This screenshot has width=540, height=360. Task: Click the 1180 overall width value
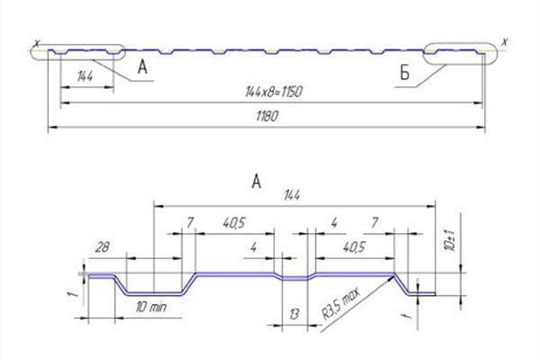(x=267, y=116)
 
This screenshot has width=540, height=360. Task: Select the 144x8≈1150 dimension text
(x=274, y=92)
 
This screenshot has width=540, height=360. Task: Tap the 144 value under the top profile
(x=85, y=76)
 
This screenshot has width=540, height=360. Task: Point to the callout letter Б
(x=405, y=73)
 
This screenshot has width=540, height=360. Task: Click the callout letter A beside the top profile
(x=142, y=67)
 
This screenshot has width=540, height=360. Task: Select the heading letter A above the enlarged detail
(x=256, y=181)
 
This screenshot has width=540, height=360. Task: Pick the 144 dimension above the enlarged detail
(x=292, y=195)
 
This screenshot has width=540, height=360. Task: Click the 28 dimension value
(x=103, y=247)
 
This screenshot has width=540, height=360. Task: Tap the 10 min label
(x=151, y=306)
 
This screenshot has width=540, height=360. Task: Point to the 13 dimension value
(x=293, y=314)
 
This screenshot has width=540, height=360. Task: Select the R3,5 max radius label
(x=341, y=304)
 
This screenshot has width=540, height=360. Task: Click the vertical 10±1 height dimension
(x=451, y=240)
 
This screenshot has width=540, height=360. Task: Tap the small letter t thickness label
(x=408, y=314)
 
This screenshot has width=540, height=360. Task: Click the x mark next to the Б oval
(x=505, y=42)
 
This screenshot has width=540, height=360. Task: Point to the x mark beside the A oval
(x=37, y=43)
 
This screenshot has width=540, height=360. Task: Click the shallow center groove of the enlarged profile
(x=295, y=279)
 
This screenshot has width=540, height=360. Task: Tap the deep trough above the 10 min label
(x=154, y=293)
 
